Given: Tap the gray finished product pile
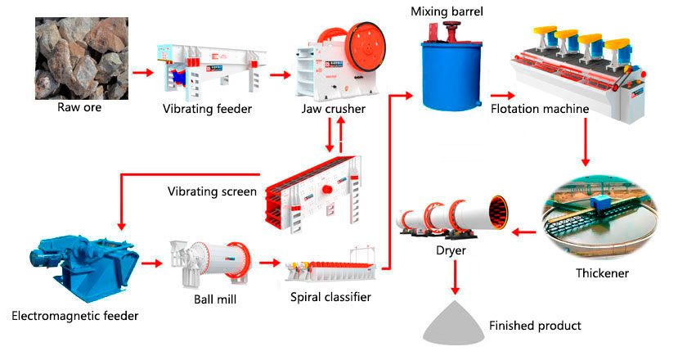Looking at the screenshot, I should [453, 322].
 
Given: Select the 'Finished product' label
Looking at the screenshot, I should [535, 326].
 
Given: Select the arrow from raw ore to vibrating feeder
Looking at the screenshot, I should [143, 73].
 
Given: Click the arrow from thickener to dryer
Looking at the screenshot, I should [523, 232].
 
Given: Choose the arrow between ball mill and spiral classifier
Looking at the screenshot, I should [268, 263].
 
